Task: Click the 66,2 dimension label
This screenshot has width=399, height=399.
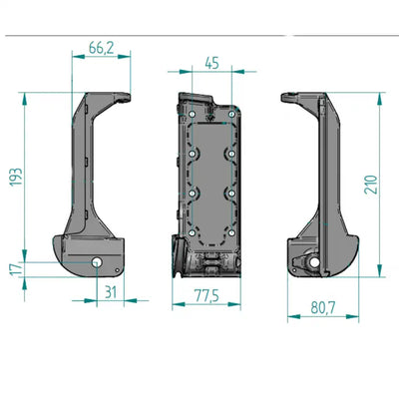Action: point(101,48)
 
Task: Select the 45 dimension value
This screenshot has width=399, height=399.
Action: point(211,63)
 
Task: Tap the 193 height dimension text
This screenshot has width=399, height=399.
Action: point(16,177)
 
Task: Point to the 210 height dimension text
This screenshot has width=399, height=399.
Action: point(371,185)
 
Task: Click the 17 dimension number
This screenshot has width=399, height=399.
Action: point(16,269)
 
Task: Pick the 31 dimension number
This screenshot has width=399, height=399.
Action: point(111,292)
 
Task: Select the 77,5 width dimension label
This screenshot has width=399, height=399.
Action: point(206,295)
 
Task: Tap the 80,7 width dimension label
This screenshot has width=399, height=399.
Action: point(322,308)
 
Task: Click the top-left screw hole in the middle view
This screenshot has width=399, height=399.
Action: point(192,114)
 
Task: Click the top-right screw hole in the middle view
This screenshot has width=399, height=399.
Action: point(231,114)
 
